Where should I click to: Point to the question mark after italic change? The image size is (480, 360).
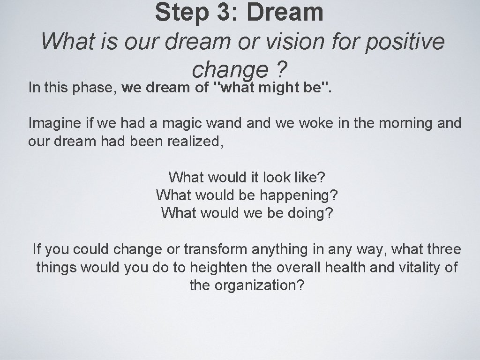tap(282, 69)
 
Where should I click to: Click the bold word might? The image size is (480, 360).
tap(280, 87)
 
